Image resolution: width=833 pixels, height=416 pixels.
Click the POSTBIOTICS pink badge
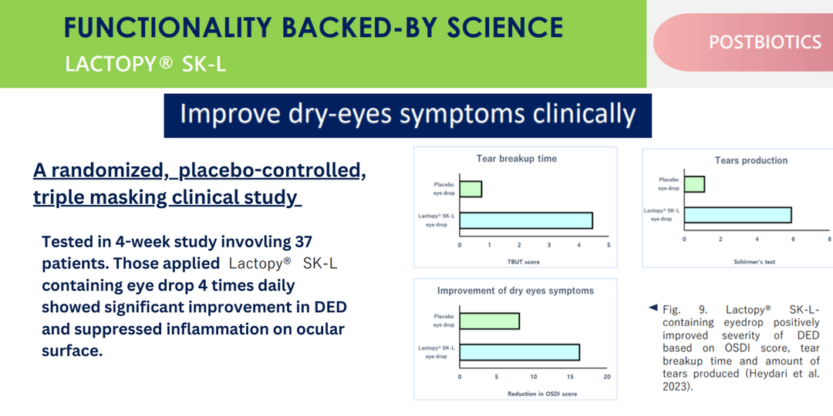(x=764, y=42)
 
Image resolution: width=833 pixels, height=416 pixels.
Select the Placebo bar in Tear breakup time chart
(x=470, y=189)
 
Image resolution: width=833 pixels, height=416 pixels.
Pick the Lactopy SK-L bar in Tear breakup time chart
(x=526, y=220)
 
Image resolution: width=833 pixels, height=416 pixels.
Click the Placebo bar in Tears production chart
(x=694, y=184)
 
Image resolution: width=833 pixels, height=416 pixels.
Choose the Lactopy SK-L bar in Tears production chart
(x=737, y=215)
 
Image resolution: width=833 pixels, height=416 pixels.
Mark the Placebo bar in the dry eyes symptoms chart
(x=489, y=320)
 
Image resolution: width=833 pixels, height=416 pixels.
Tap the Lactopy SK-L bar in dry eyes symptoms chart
(x=519, y=352)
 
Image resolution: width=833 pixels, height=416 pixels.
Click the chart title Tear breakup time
(x=516, y=159)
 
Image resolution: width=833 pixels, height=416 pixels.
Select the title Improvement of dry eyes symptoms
(x=515, y=290)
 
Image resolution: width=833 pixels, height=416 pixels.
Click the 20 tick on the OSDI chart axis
(x=606, y=377)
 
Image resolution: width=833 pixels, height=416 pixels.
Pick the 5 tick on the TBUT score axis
(x=608, y=246)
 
